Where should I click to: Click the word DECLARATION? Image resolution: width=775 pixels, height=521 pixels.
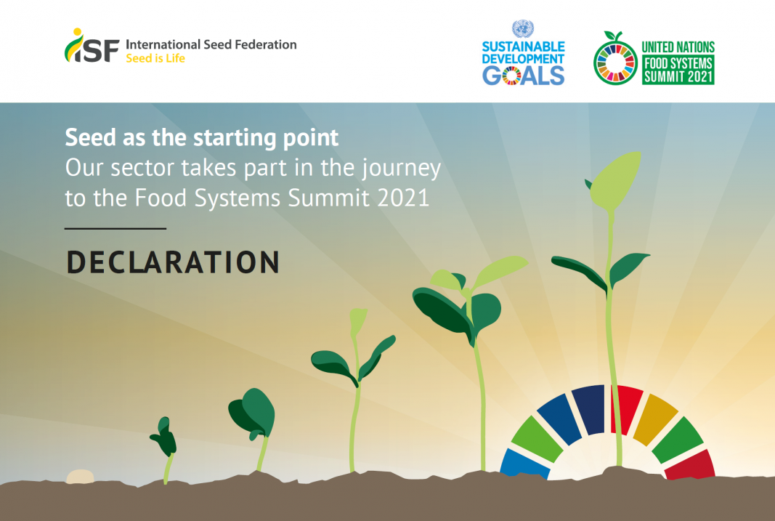[173, 262]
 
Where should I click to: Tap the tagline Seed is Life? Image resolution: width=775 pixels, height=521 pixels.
[155, 58]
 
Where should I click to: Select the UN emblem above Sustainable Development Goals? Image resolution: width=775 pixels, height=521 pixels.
[523, 28]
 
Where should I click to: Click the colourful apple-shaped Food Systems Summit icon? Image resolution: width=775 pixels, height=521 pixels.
[615, 60]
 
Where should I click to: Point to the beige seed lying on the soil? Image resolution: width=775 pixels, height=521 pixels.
[80, 477]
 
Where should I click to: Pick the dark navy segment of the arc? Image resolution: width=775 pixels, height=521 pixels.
[589, 409]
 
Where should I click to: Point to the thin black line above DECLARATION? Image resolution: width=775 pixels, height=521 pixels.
[115, 228]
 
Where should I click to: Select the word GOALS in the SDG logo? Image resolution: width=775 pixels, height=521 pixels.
[524, 76]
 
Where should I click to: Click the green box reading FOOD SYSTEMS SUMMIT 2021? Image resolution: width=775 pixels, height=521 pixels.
[678, 70]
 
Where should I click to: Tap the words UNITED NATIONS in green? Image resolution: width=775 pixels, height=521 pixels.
[678, 47]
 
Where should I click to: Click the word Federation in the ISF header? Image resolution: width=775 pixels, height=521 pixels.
[265, 44]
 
